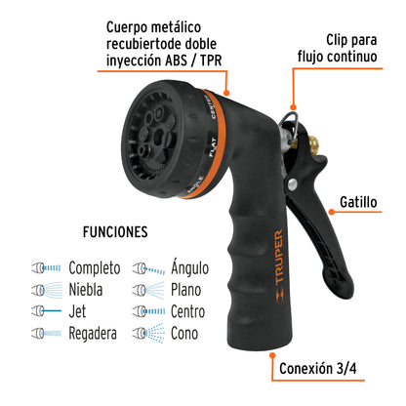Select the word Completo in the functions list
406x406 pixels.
(95, 267)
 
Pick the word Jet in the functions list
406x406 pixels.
(79, 310)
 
